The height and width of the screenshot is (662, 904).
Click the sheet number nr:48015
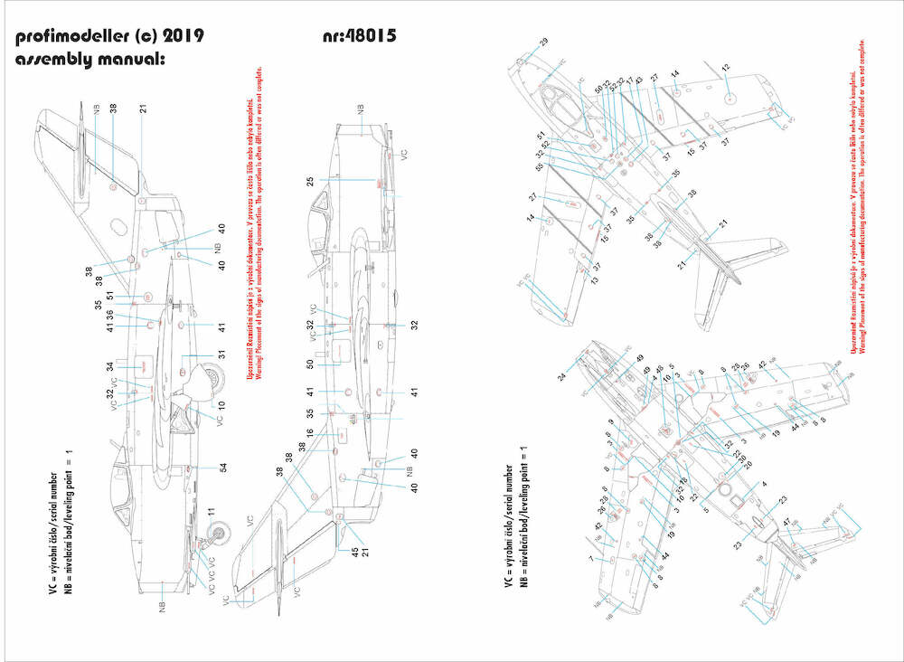pyautogui.click(x=360, y=36)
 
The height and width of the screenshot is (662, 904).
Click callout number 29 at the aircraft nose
pyautogui.click(x=543, y=43)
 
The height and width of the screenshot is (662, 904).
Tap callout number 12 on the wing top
pyautogui.click(x=725, y=69)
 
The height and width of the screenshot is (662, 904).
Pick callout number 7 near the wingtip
pyautogui.click(x=590, y=561)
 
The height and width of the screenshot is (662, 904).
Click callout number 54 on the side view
pyautogui.click(x=221, y=468)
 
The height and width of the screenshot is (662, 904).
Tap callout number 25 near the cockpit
pyautogui.click(x=310, y=182)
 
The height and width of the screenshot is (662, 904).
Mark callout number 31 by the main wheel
pyautogui.click(x=221, y=354)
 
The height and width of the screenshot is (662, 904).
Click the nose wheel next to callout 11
pyautogui.click(x=216, y=536)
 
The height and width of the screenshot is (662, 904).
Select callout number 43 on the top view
pyautogui.click(x=638, y=81)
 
